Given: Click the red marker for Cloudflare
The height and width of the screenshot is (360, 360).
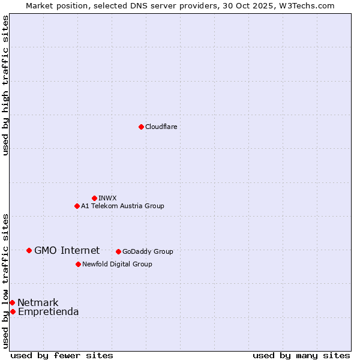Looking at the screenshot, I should [x=141, y=127].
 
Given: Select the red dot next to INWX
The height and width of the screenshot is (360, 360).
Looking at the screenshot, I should [x=94, y=198].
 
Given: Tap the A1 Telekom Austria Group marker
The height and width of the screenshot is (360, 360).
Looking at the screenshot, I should [x=77, y=206].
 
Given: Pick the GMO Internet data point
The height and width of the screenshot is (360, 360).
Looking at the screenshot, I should [x=29, y=250].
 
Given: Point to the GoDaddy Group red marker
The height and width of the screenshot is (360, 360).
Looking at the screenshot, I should [x=118, y=251].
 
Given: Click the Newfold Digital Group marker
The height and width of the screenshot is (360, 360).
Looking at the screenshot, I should [x=78, y=264].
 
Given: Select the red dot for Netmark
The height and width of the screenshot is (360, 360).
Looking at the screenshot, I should [x=12, y=302].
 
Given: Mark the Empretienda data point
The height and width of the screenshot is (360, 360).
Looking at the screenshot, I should [x=13, y=311].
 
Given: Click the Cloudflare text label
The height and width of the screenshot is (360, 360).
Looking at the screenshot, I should [x=161, y=127].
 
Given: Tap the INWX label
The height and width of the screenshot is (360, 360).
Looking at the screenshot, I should [x=107, y=198].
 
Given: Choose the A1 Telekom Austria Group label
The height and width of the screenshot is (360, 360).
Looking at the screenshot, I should [x=122, y=206].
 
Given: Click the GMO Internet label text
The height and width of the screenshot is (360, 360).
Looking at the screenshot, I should [x=67, y=250].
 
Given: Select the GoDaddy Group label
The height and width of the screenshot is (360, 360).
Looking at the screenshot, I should [x=148, y=251].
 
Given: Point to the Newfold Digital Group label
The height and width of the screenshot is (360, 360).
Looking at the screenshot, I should [x=117, y=264].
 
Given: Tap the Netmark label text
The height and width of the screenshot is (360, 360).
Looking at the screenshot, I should [x=38, y=302].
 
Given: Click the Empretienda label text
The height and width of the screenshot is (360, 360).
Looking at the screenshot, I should [x=48, y=311].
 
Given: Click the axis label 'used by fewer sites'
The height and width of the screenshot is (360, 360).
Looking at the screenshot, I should [x=62, y=355].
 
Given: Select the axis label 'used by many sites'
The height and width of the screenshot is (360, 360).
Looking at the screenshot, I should [x=301, y=355].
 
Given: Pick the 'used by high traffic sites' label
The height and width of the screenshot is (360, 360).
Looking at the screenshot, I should [x=5, y=85].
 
